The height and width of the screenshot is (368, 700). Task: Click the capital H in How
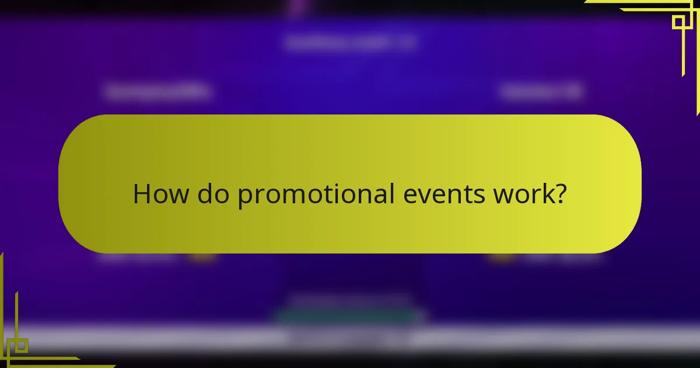tap(141, 194)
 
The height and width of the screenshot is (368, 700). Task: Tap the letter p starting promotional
tap(244, 197)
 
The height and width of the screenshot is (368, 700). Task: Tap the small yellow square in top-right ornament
tap(678, 22)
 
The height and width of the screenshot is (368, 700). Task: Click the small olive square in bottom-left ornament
tap(21, 345)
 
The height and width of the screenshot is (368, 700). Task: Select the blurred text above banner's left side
tap(159, 92)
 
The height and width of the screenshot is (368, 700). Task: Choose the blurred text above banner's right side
tap(541, 92)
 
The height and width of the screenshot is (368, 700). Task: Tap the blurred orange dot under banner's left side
tap(202, 258)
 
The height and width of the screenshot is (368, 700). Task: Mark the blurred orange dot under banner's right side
tap(499, 258)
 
